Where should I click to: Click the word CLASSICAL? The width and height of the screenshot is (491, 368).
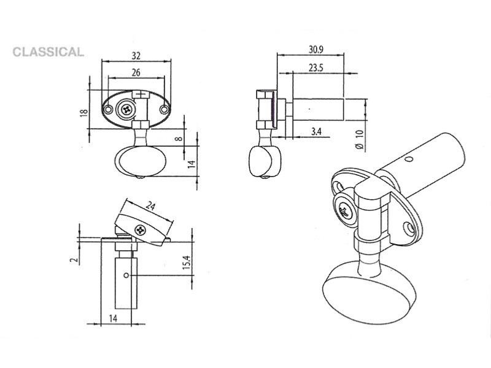coord(48,52)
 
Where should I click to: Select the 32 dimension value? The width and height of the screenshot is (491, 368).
coord(136,56)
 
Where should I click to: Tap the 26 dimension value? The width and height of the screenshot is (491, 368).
coord(136,72)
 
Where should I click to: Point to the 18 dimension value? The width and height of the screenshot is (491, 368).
coord(83,113)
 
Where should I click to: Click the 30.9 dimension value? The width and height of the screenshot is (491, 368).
coord(315,50)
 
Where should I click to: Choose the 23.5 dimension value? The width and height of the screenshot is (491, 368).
coord(315,68)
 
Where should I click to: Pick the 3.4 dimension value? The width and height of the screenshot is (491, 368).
coord(316,131)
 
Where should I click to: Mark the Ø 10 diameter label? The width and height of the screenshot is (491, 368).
coord(360,139)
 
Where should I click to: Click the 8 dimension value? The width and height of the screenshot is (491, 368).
coord(179,137)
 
